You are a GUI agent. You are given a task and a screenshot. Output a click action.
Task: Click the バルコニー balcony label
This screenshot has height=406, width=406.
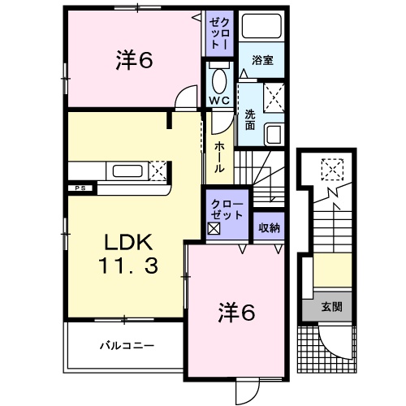(x=127, y=345)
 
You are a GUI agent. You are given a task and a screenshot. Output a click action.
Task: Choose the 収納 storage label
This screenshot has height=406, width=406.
(x=269, y=228)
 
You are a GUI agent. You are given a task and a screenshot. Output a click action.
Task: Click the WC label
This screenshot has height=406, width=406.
(x=219, y=100)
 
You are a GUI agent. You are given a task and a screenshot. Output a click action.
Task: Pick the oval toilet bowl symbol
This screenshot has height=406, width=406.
(x=218, y=80)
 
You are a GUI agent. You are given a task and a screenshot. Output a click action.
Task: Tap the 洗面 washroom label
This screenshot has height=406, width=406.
(x=250, y=120)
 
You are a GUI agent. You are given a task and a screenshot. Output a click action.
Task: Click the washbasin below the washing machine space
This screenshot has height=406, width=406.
(x=274, y=133)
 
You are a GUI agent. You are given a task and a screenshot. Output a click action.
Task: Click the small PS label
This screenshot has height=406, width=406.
(x=80, y=188)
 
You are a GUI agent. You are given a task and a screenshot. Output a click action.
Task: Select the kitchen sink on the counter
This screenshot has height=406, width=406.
(x=128, y=171)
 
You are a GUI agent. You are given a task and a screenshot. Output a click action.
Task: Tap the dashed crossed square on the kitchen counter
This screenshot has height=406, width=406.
(x=158, y=171)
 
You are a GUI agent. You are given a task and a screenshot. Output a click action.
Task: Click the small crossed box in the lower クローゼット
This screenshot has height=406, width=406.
(x=214, y=230)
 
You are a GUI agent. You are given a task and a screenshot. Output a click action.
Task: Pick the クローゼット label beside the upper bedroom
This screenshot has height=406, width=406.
(x=220, y=35)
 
